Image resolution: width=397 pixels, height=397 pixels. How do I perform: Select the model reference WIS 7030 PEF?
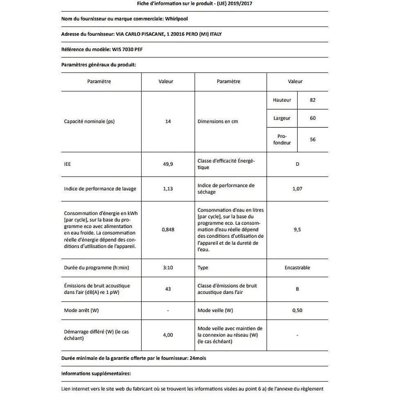click(x=127, y=49)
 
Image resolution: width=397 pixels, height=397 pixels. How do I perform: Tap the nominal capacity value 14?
click(x=168, y=122)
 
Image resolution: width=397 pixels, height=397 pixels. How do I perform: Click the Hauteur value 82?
click(x=313, y=100)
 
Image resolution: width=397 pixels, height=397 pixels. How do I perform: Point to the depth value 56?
click(x=313, y=140)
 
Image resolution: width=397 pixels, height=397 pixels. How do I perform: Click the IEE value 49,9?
click(x=168, y=164)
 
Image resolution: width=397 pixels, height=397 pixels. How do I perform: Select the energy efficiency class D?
click(x=298, y=164)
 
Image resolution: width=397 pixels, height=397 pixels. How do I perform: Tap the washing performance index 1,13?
click(x=168, y=189)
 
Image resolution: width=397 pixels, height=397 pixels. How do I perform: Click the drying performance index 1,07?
click(x=298, y=189)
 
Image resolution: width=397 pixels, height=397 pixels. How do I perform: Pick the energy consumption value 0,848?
click(x=168, y=230)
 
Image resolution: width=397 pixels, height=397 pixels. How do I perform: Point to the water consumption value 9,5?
click(x=298, y=230)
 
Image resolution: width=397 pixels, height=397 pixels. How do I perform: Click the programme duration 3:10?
click(x=168, y=268)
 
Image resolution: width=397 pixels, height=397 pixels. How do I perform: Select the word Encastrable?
click(x=298, y=268)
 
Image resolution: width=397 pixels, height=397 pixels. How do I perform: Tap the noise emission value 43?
click(x=168, y=289)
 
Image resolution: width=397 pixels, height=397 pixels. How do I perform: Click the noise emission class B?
click(x=298, y=289)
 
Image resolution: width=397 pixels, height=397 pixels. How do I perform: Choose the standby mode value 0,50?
click(x=298, y=310)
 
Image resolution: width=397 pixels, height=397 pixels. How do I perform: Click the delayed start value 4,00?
click(x=168, y=335)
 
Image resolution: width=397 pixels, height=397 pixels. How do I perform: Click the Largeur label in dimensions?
click(x=282, y=118)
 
